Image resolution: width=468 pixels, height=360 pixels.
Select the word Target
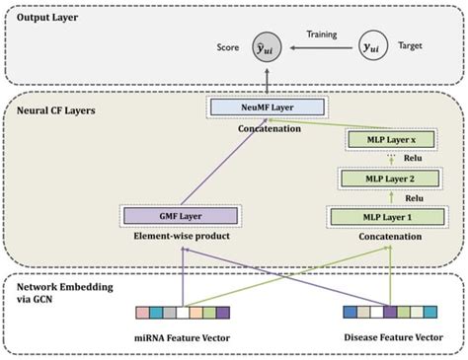click(x=417, y=45)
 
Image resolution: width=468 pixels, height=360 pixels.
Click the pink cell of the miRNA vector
click(x=144, y=313)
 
